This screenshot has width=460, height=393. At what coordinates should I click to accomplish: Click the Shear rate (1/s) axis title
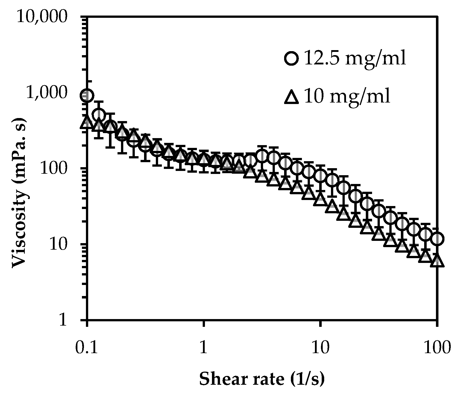point(262,379)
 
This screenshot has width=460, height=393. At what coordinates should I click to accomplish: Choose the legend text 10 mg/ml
point(347,96)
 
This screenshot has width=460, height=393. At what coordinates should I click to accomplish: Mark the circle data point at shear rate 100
point(437,239)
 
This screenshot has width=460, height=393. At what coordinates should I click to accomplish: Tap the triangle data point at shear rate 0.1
point(87,122)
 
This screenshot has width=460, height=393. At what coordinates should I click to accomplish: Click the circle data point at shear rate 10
point(320,175)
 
